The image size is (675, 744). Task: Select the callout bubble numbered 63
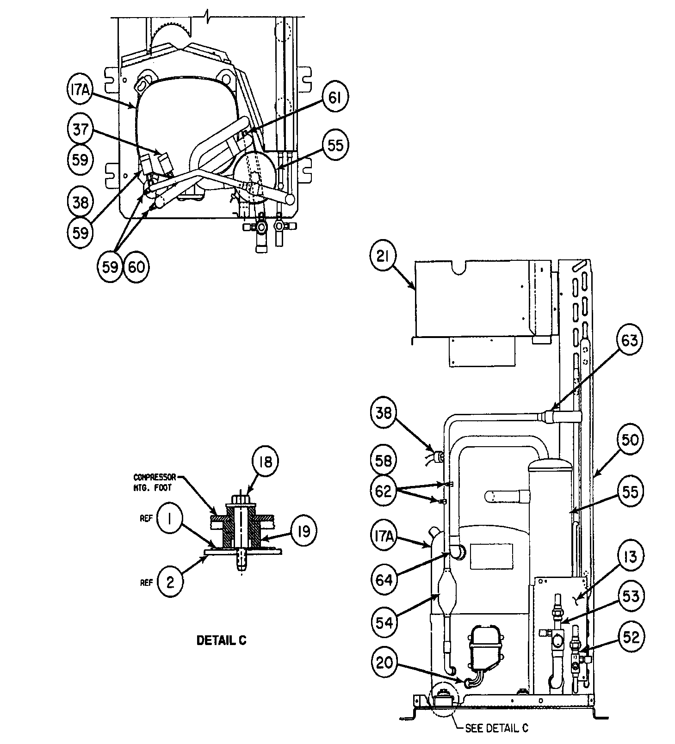(x=630, y=341)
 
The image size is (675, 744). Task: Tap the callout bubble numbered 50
(x=630, y=439)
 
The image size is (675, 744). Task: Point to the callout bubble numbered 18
(x=266, y=461)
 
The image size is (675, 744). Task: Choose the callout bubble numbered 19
(x=303, y=530)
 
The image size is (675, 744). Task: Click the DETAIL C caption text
(x=222, y=640)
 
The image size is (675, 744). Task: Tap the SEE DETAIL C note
(x=496, y=728)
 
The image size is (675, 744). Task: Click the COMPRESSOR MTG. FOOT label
(x=155, y=481)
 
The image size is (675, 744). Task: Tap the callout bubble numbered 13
(x=630, y=557)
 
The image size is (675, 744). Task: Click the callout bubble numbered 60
(x=136, y=267)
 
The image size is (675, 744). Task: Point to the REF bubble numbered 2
(x=170, y=582)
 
